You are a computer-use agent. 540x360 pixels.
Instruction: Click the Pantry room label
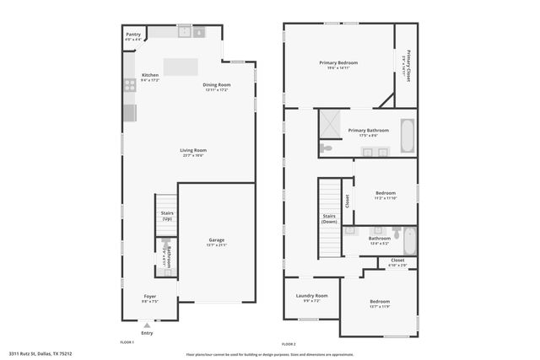pos(133,35)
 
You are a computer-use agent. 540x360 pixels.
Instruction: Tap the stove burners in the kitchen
pos(130,84)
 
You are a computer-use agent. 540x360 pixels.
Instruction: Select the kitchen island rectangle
pos(181,67)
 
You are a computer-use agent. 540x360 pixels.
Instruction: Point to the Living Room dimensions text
pos(193,156)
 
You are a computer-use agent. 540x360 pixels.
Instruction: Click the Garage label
pos(217,240)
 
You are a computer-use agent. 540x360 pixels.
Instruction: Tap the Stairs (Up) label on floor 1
pos(167,216)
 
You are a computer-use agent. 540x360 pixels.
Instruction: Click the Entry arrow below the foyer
pos(148,324)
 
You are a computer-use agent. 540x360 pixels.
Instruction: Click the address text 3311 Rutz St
pos(40,354)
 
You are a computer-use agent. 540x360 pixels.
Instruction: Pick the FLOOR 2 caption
pos(289,344)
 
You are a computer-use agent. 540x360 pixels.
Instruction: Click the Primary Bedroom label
pos(338,62)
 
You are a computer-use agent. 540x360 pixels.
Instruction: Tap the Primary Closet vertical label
pos(407,66)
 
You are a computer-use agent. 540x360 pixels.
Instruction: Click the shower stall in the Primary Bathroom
pos(331,123)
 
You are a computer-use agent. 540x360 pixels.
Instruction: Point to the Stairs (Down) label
pos(329,218)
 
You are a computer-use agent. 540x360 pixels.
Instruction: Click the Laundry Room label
pos(311,296)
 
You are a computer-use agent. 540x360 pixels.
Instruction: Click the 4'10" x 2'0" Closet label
pos(397,261)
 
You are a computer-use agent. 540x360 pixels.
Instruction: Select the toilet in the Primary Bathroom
pos(327,148)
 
